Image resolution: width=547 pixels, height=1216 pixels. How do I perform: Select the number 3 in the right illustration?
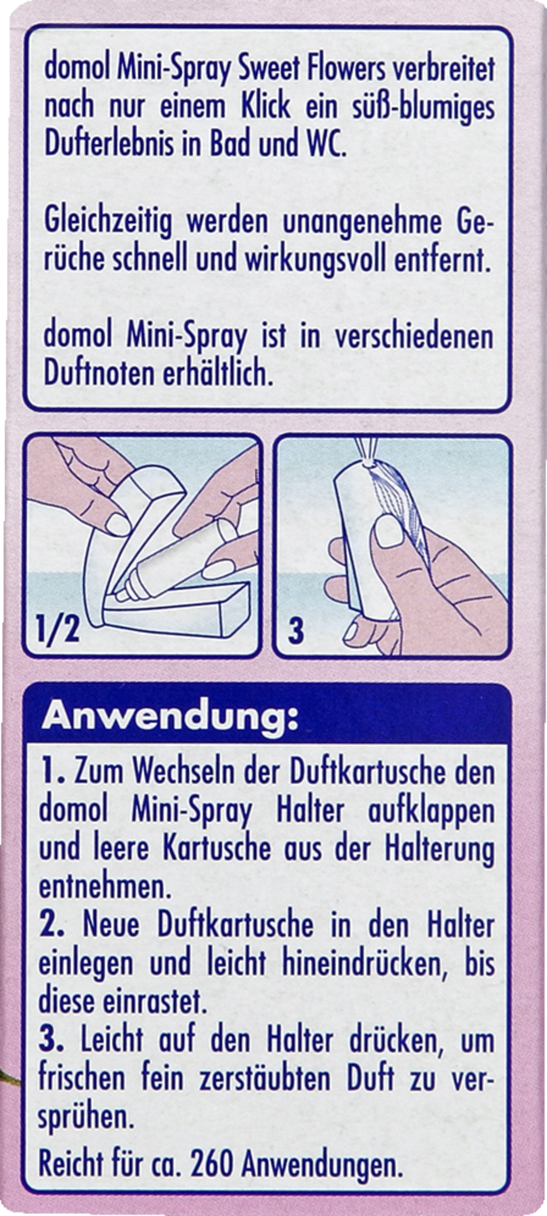pos(296,631)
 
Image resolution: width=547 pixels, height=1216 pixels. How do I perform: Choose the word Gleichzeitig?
pos(108,223)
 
